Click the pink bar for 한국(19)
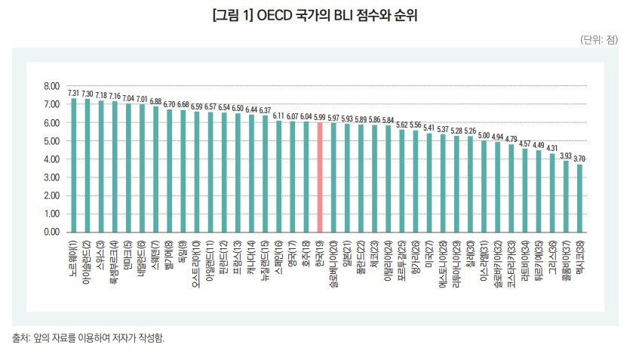(320, 177)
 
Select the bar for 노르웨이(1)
(74, 165)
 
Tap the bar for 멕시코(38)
(579, 198)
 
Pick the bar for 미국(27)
(429, 183)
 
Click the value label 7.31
(74, 94)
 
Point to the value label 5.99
(320, 118)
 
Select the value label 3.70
(579, 159)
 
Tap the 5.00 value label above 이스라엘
(484, 136)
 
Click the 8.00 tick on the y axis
(52, 87)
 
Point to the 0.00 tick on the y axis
(52, 232)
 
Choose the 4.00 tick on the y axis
(52, 159)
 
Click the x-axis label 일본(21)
(347, 253)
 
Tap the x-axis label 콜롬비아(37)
(566, 260)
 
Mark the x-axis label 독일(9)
(183, 251)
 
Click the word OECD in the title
(275, 16)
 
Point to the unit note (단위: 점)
(599, 39)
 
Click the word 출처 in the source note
(20, 338)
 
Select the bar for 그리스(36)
(552, 193)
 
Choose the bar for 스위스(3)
(101, 166)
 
